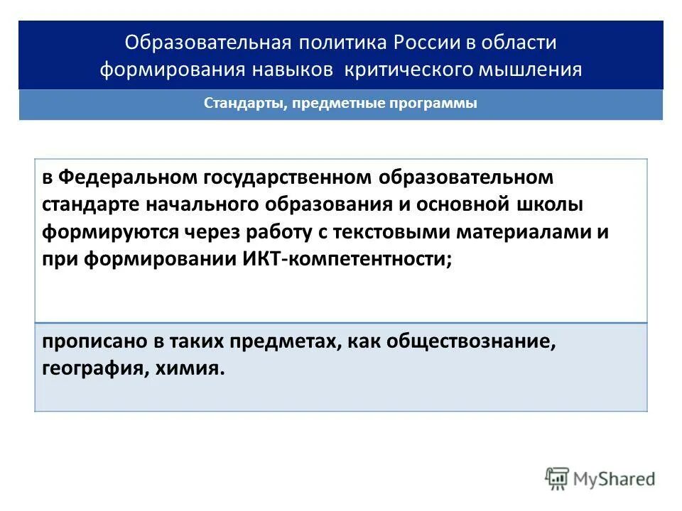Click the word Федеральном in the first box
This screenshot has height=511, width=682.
[x=128, y=177]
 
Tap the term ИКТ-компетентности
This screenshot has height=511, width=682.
[x=342, y=259]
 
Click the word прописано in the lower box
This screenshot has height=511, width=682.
[x=89, y=341]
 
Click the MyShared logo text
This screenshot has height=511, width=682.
[x=616, y=479]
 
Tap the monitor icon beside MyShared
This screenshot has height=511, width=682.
[x=558, y=479]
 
